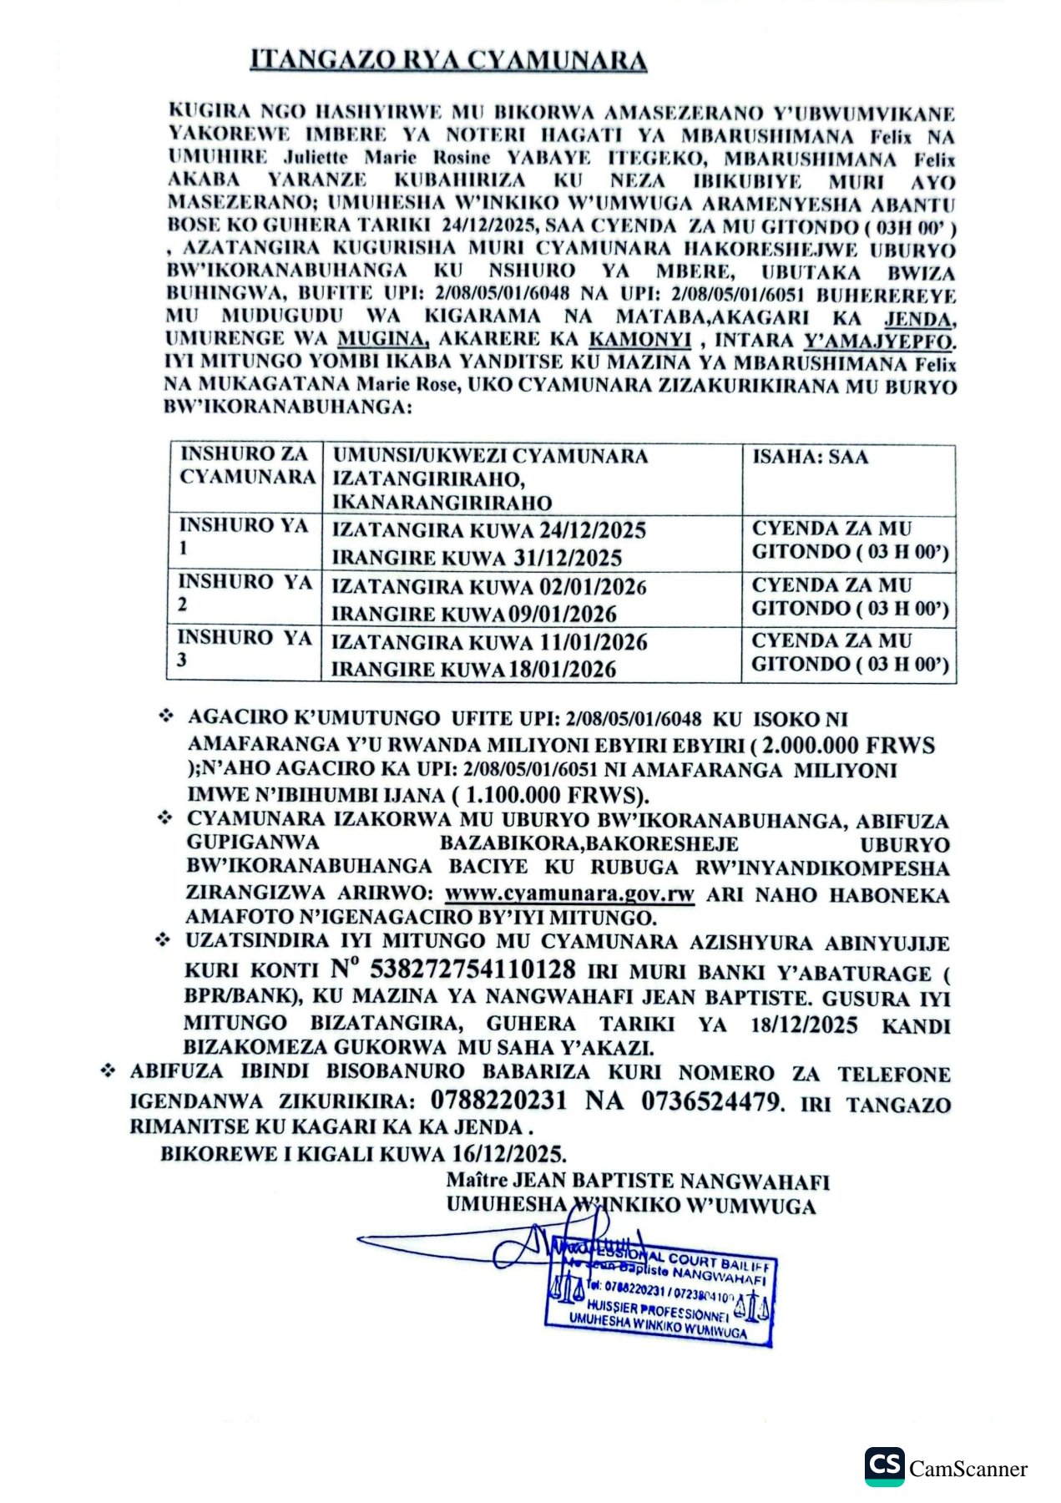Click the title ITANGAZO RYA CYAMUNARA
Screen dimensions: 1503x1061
tap(448, 60)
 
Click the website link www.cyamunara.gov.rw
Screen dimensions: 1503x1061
tap(569, 893)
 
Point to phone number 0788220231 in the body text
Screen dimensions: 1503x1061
tap(498, 1100)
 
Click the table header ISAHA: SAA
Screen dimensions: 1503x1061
tap(810, 457)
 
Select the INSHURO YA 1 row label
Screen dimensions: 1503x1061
tap(243, 536)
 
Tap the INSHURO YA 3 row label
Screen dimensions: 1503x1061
tap(243, 648)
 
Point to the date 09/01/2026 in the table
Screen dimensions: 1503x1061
tap(563, 615)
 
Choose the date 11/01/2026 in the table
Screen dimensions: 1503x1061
tap(594, 642)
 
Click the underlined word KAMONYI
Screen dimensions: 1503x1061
tap(640, 340)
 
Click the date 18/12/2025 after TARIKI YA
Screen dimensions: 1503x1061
tap(804, 1025)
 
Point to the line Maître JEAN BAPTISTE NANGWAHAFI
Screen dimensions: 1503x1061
tap(638, 1181)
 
